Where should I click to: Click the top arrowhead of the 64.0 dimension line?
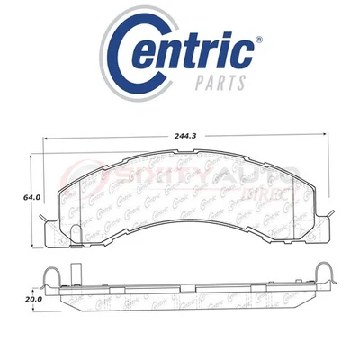pyautogui.click(x=35, y=154)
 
